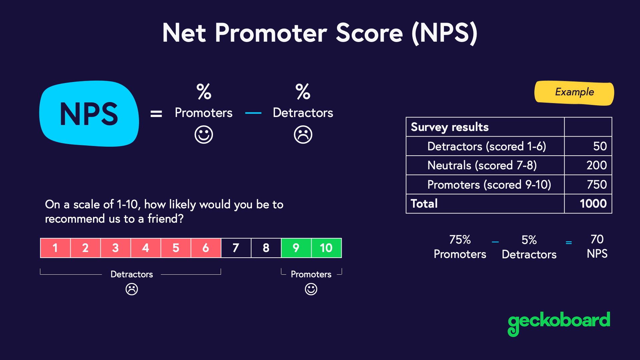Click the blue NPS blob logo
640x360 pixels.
click(89, 114)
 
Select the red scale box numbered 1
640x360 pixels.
click(55, 248)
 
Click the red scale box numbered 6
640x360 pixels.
click(206, 248)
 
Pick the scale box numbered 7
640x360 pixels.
click(236, 248)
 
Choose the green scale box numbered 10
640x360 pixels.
click(326, 248)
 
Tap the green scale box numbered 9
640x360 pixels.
click(296, 248)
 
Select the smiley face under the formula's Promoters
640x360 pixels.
click(204, 135)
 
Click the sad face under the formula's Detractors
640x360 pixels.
click(303, 135)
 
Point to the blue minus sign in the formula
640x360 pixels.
click(253, 113)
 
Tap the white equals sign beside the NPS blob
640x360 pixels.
click(156, 114)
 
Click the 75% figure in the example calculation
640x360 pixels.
click(460, 240)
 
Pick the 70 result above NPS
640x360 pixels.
click(597, 239)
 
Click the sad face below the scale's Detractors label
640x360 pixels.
click(132, 289)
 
